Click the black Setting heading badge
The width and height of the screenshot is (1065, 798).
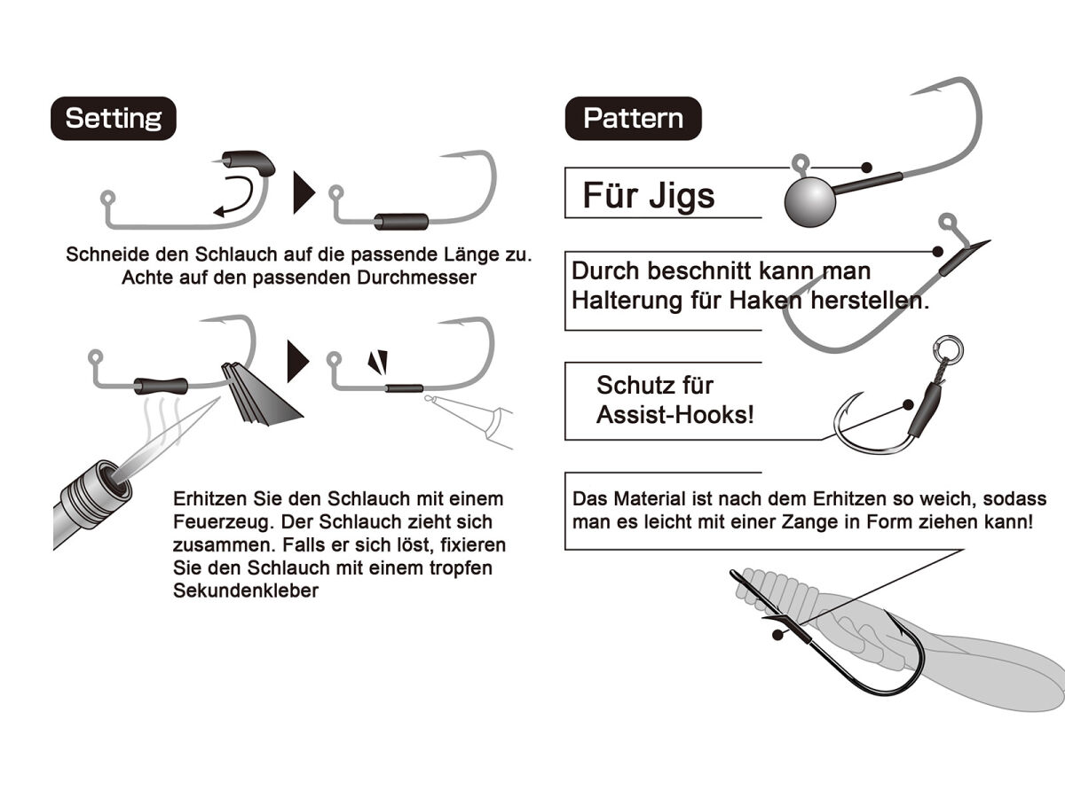tap(114, 118)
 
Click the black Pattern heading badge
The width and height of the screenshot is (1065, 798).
tap(633, 118)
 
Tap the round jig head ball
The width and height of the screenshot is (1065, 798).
tap(810, 201)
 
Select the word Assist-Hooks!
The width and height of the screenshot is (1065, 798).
tap(674, 415)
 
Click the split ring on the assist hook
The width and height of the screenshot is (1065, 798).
tap(948, 350)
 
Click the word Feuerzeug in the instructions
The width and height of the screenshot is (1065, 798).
tap(224, 522)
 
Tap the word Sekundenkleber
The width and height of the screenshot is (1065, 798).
tap(246, 591)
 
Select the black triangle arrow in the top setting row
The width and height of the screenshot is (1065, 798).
tap(304, 192)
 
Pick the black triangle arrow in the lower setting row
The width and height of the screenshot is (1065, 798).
tap(298, 362)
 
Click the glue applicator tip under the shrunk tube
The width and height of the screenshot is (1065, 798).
tap(430, 399)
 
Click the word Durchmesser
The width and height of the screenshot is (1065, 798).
tap(417, 278)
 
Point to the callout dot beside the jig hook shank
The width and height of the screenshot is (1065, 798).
tap(866, 168)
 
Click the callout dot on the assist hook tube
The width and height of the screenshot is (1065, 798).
tap(908, 404)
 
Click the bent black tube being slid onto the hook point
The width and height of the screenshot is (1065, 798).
tap(248, 162)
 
